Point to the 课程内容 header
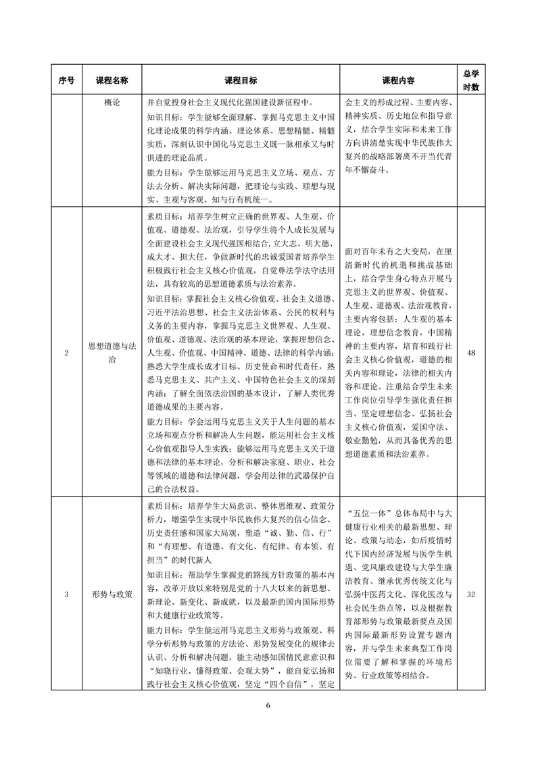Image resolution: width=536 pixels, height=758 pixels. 398,80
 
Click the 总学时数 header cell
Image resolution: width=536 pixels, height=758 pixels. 470,80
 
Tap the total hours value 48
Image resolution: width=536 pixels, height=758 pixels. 470,353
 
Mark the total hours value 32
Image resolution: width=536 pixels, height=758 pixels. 470,595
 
